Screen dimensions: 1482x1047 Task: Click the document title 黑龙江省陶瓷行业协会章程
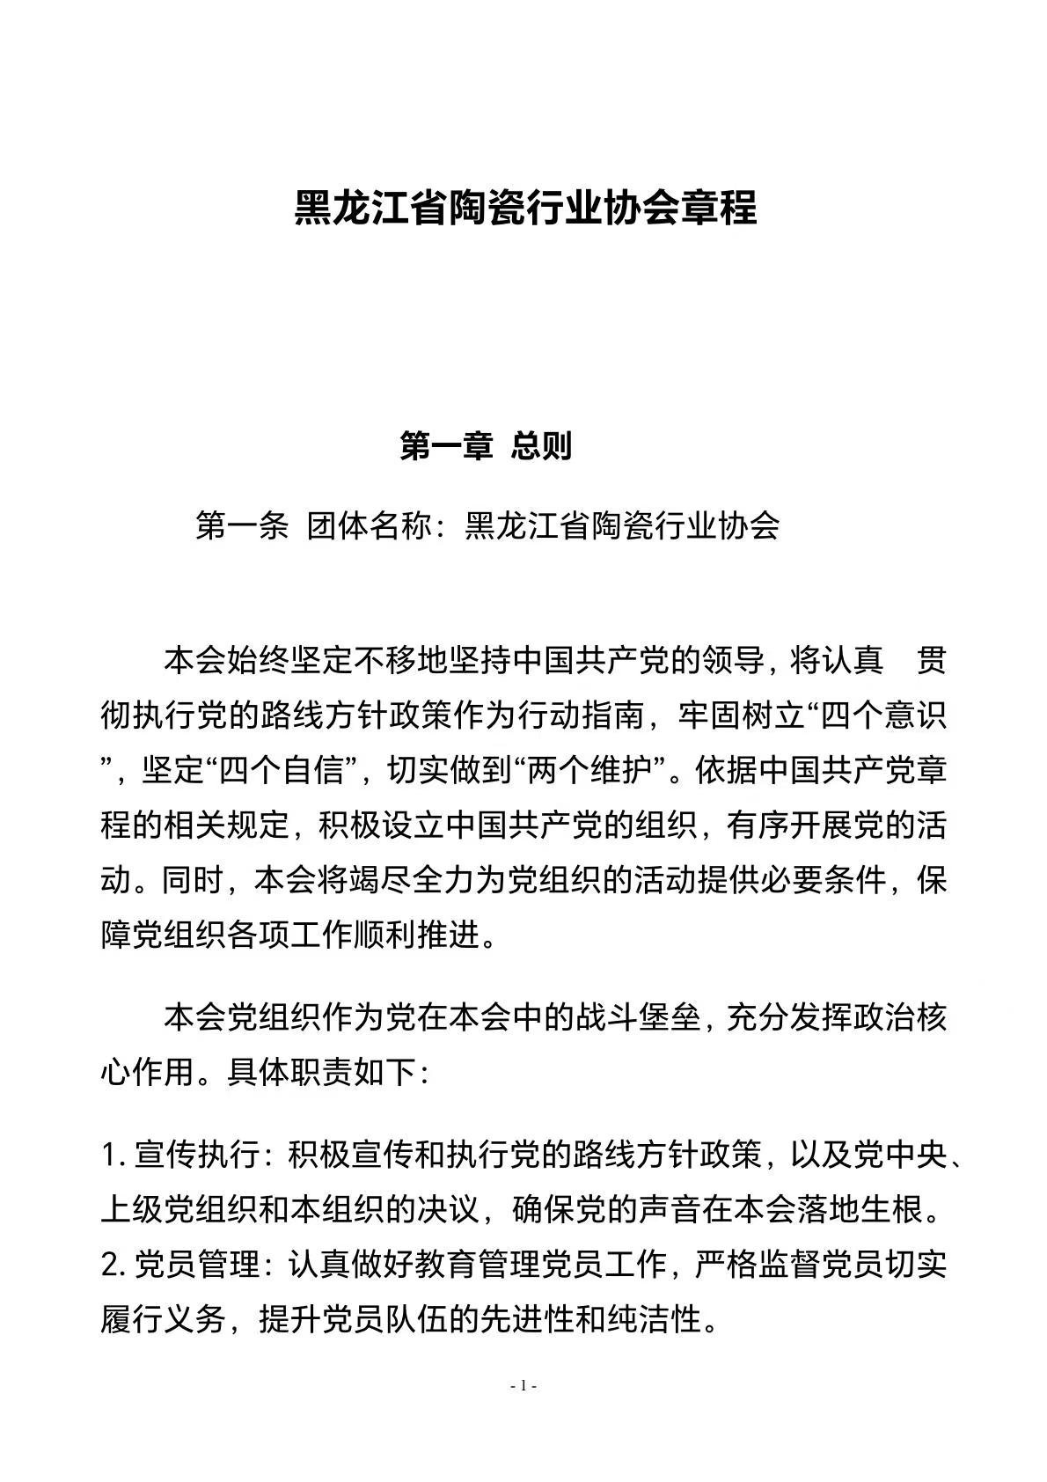pyautogui.click(x=524, y=209)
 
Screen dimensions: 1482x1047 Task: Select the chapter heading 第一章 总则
pyautogui.click(x=486, y=446)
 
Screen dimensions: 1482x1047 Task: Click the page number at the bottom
pyautogui.click(x=523, y=1386)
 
